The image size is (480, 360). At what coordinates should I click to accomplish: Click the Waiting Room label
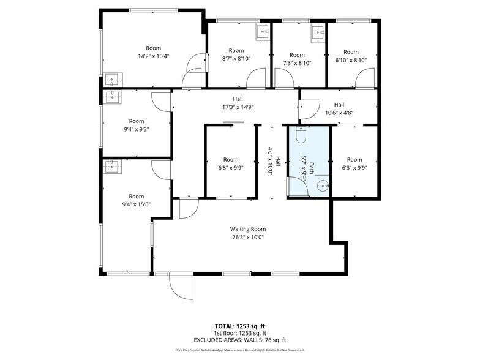pos(247,229)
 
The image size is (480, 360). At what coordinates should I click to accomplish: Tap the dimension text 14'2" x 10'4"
pos(153,56)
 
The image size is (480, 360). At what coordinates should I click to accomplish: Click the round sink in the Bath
pos(324,186)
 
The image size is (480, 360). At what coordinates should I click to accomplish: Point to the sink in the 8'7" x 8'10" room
pos(263,31)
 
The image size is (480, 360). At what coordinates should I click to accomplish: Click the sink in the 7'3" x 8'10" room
pos(318,31)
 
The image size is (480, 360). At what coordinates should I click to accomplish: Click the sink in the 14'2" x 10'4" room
pos(111,80)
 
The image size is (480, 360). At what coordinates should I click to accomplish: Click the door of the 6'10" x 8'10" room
pos(366,78)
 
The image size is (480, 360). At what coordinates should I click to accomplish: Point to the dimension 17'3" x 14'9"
pos(237,107)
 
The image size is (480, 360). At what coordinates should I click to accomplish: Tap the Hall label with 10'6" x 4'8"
pos(339,104)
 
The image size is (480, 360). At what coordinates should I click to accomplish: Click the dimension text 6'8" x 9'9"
pos(230,168)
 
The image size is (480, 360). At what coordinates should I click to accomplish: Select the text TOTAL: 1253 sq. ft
pos(239,326)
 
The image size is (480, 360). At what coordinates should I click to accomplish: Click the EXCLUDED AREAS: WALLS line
pos(239,340)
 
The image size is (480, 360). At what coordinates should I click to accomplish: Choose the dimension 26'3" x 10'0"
pos(247,238)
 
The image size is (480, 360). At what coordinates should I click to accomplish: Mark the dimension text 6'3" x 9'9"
pos(354,168)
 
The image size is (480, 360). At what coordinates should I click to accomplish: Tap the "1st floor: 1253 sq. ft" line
pos(239,333)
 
